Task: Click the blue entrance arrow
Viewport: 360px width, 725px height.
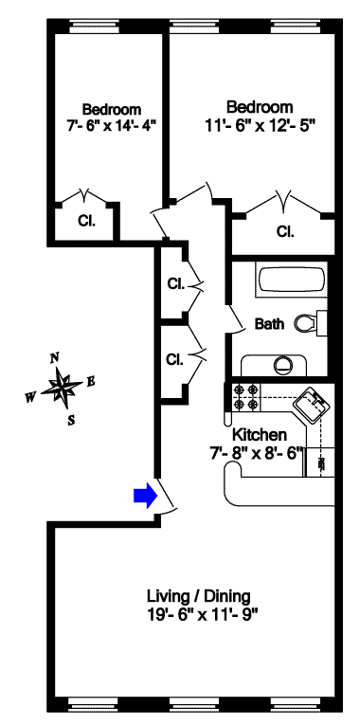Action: (x=146, y=496)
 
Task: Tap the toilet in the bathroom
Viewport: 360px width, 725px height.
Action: (x=311, y=323)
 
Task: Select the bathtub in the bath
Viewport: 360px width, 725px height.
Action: (x=291, y=281)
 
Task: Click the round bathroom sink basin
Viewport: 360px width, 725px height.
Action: (x=282, y=366)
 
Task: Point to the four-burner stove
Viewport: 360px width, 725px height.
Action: (x=246, y=397)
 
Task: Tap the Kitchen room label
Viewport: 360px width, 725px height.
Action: (x=259, y=435)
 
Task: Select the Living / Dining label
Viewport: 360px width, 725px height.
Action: (x=199, y=595)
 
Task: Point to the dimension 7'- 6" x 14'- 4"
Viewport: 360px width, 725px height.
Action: (x=112, y=125)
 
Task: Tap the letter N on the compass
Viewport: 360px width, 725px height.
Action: (x=55, y=357)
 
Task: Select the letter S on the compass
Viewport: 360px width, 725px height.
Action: (x=71, y=420)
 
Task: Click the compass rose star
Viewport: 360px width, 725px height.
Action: (x=62, y=389)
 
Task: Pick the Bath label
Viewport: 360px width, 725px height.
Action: (x=269, y=324)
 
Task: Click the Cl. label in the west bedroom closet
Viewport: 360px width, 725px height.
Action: (x=86, y=222)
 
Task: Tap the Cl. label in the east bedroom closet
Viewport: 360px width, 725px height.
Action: (x=284, y=230)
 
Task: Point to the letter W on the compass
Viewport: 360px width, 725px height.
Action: (x=31, y=397)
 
